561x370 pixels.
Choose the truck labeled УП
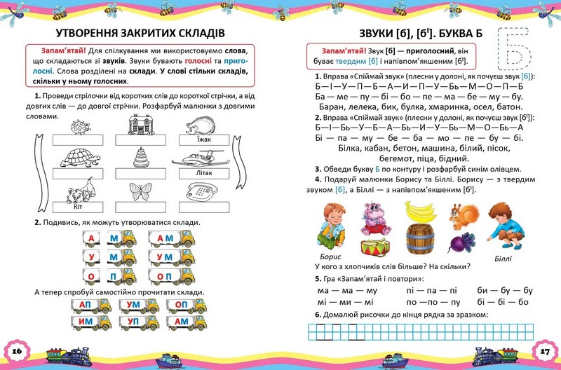pos(133,322)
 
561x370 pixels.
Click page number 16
pos(18,350)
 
